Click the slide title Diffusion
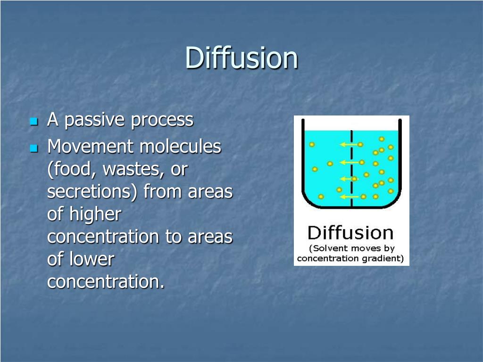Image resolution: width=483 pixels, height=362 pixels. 241,58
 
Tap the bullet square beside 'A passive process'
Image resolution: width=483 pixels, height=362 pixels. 33,122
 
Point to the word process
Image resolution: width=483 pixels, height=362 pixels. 162,120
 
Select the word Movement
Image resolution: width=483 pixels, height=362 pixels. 91,147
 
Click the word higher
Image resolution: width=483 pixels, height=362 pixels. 95,214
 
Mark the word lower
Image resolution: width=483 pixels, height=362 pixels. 92,259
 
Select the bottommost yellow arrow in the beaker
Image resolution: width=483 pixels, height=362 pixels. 350,197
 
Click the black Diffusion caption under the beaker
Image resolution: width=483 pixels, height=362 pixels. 350,232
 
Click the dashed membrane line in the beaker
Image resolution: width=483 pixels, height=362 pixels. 352,170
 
